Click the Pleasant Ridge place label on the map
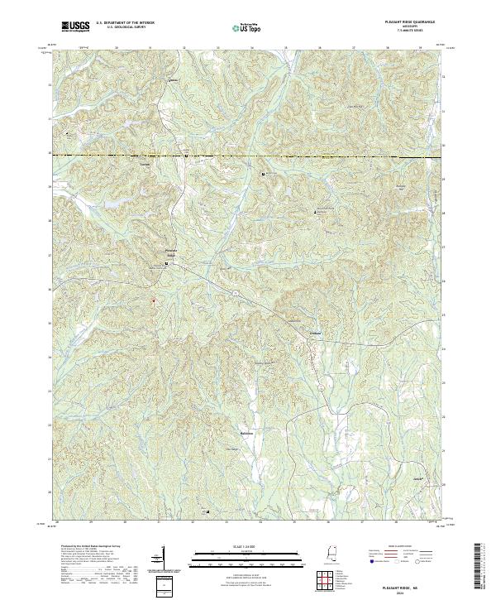(x=172, y=252)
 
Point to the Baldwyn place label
(x=241, y=432)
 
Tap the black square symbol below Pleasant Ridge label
(x=167, y=264)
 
